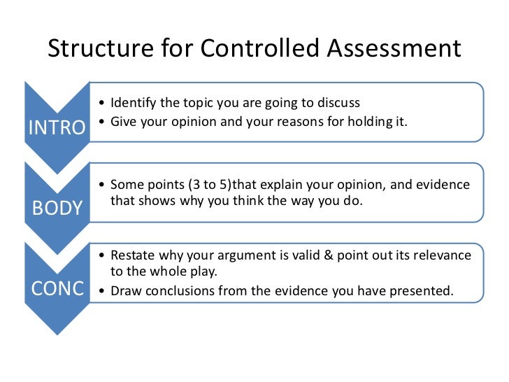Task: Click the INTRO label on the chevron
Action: [x=56, y=128]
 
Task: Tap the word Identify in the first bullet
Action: [x=133, y=103]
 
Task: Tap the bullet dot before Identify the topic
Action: [x=103, y=104]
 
